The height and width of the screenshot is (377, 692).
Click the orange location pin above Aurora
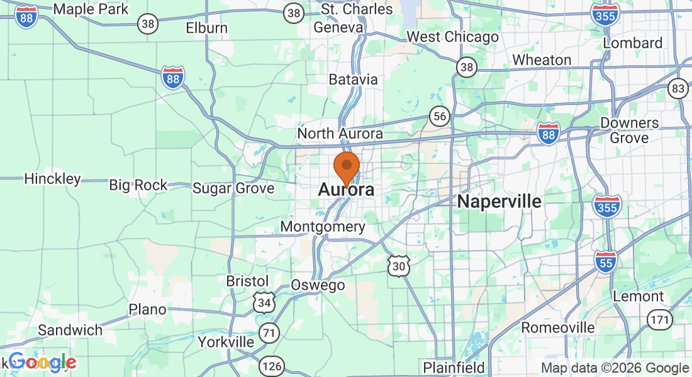tap(346, 168)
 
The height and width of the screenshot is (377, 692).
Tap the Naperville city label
tap(499, 202)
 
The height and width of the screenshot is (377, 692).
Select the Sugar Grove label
tap(233, 188)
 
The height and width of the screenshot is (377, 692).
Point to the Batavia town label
tap(354, 80)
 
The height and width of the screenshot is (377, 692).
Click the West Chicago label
tap(452, 37)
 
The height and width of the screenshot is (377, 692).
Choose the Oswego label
tap(318, 285)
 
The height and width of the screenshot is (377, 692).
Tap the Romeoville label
tap(558, 328)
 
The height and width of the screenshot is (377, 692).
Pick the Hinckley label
tap(53, 179)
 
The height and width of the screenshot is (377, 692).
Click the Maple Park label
tap(91, 9)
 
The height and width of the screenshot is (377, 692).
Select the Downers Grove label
tap(629, 130)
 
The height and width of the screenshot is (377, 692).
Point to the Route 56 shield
tap(439, 116)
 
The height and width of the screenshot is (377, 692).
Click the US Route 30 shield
tap(399, 266)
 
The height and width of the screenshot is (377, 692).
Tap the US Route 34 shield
tap(264, 302)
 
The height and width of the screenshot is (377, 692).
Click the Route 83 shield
tap(678, 89)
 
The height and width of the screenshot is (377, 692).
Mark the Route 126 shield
tap(273, 366)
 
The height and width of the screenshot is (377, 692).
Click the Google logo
tap(42, 362)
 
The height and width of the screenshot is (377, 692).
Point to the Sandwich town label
tap(70, 331)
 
